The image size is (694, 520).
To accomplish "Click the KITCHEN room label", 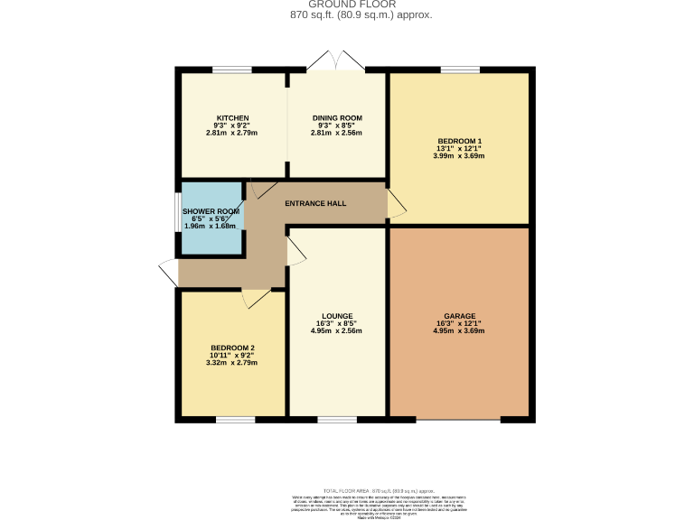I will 232,118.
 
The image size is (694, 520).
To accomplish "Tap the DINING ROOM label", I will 337,118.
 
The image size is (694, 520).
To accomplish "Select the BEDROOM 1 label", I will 459,141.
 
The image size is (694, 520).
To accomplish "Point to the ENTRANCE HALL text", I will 315,203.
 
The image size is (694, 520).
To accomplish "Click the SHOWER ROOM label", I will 211,211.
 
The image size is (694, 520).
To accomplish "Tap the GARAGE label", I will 459,316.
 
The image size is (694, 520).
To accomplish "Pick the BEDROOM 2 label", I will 233,348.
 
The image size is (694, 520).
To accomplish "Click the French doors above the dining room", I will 335,60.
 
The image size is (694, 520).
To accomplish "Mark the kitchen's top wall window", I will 232,70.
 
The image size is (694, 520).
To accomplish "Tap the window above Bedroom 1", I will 460,70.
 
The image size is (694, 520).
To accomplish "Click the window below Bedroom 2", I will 235,420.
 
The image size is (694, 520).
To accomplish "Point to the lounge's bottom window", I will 336,420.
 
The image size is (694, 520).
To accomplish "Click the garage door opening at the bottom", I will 458,420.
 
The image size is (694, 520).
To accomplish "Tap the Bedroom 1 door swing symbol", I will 396,204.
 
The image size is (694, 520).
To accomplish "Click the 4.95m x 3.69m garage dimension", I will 459,331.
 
